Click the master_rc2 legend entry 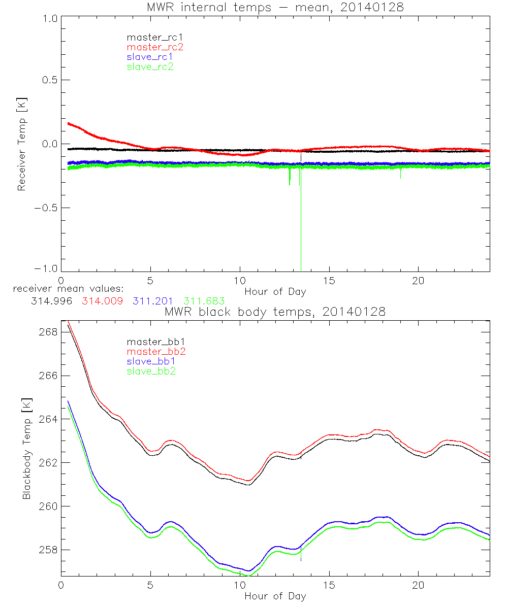click(155, 47)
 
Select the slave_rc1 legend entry click(150, 56)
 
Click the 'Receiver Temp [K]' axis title click(21, 144)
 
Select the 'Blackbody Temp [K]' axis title click(26, 449)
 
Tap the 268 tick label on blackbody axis click(49, 332)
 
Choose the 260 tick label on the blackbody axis click(49, 506)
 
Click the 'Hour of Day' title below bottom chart click(275, 596)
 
